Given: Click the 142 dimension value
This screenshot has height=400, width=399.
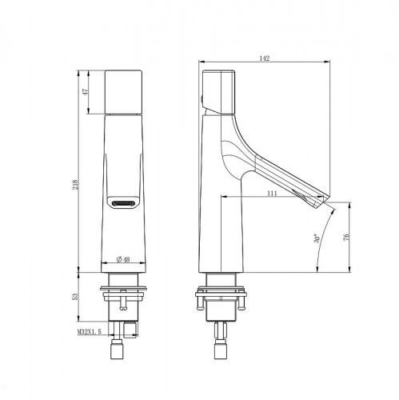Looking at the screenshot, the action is pos(265,58).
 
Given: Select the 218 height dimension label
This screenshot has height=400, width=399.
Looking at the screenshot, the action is pos(76,185).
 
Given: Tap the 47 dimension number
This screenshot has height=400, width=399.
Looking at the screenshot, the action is pos(86,92).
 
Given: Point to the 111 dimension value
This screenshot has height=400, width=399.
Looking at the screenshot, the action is pos(272,194).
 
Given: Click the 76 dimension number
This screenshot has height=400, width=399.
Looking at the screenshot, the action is pos(345,237).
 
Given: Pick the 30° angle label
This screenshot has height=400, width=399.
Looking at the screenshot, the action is pos(317,239).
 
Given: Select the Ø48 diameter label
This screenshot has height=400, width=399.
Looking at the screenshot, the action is pos(123,259).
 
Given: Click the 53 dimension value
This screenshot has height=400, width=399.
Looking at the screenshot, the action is pos(75,297).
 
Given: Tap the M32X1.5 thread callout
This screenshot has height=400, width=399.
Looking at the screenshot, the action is pos(90,332).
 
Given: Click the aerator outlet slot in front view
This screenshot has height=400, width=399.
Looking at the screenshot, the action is pos(123,203).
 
